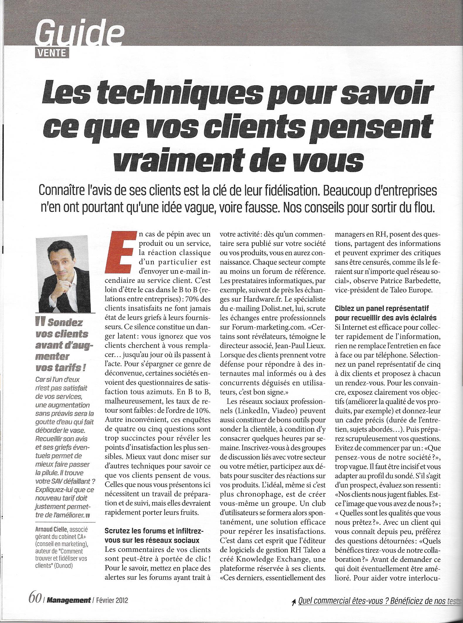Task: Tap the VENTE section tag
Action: point(52,53)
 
